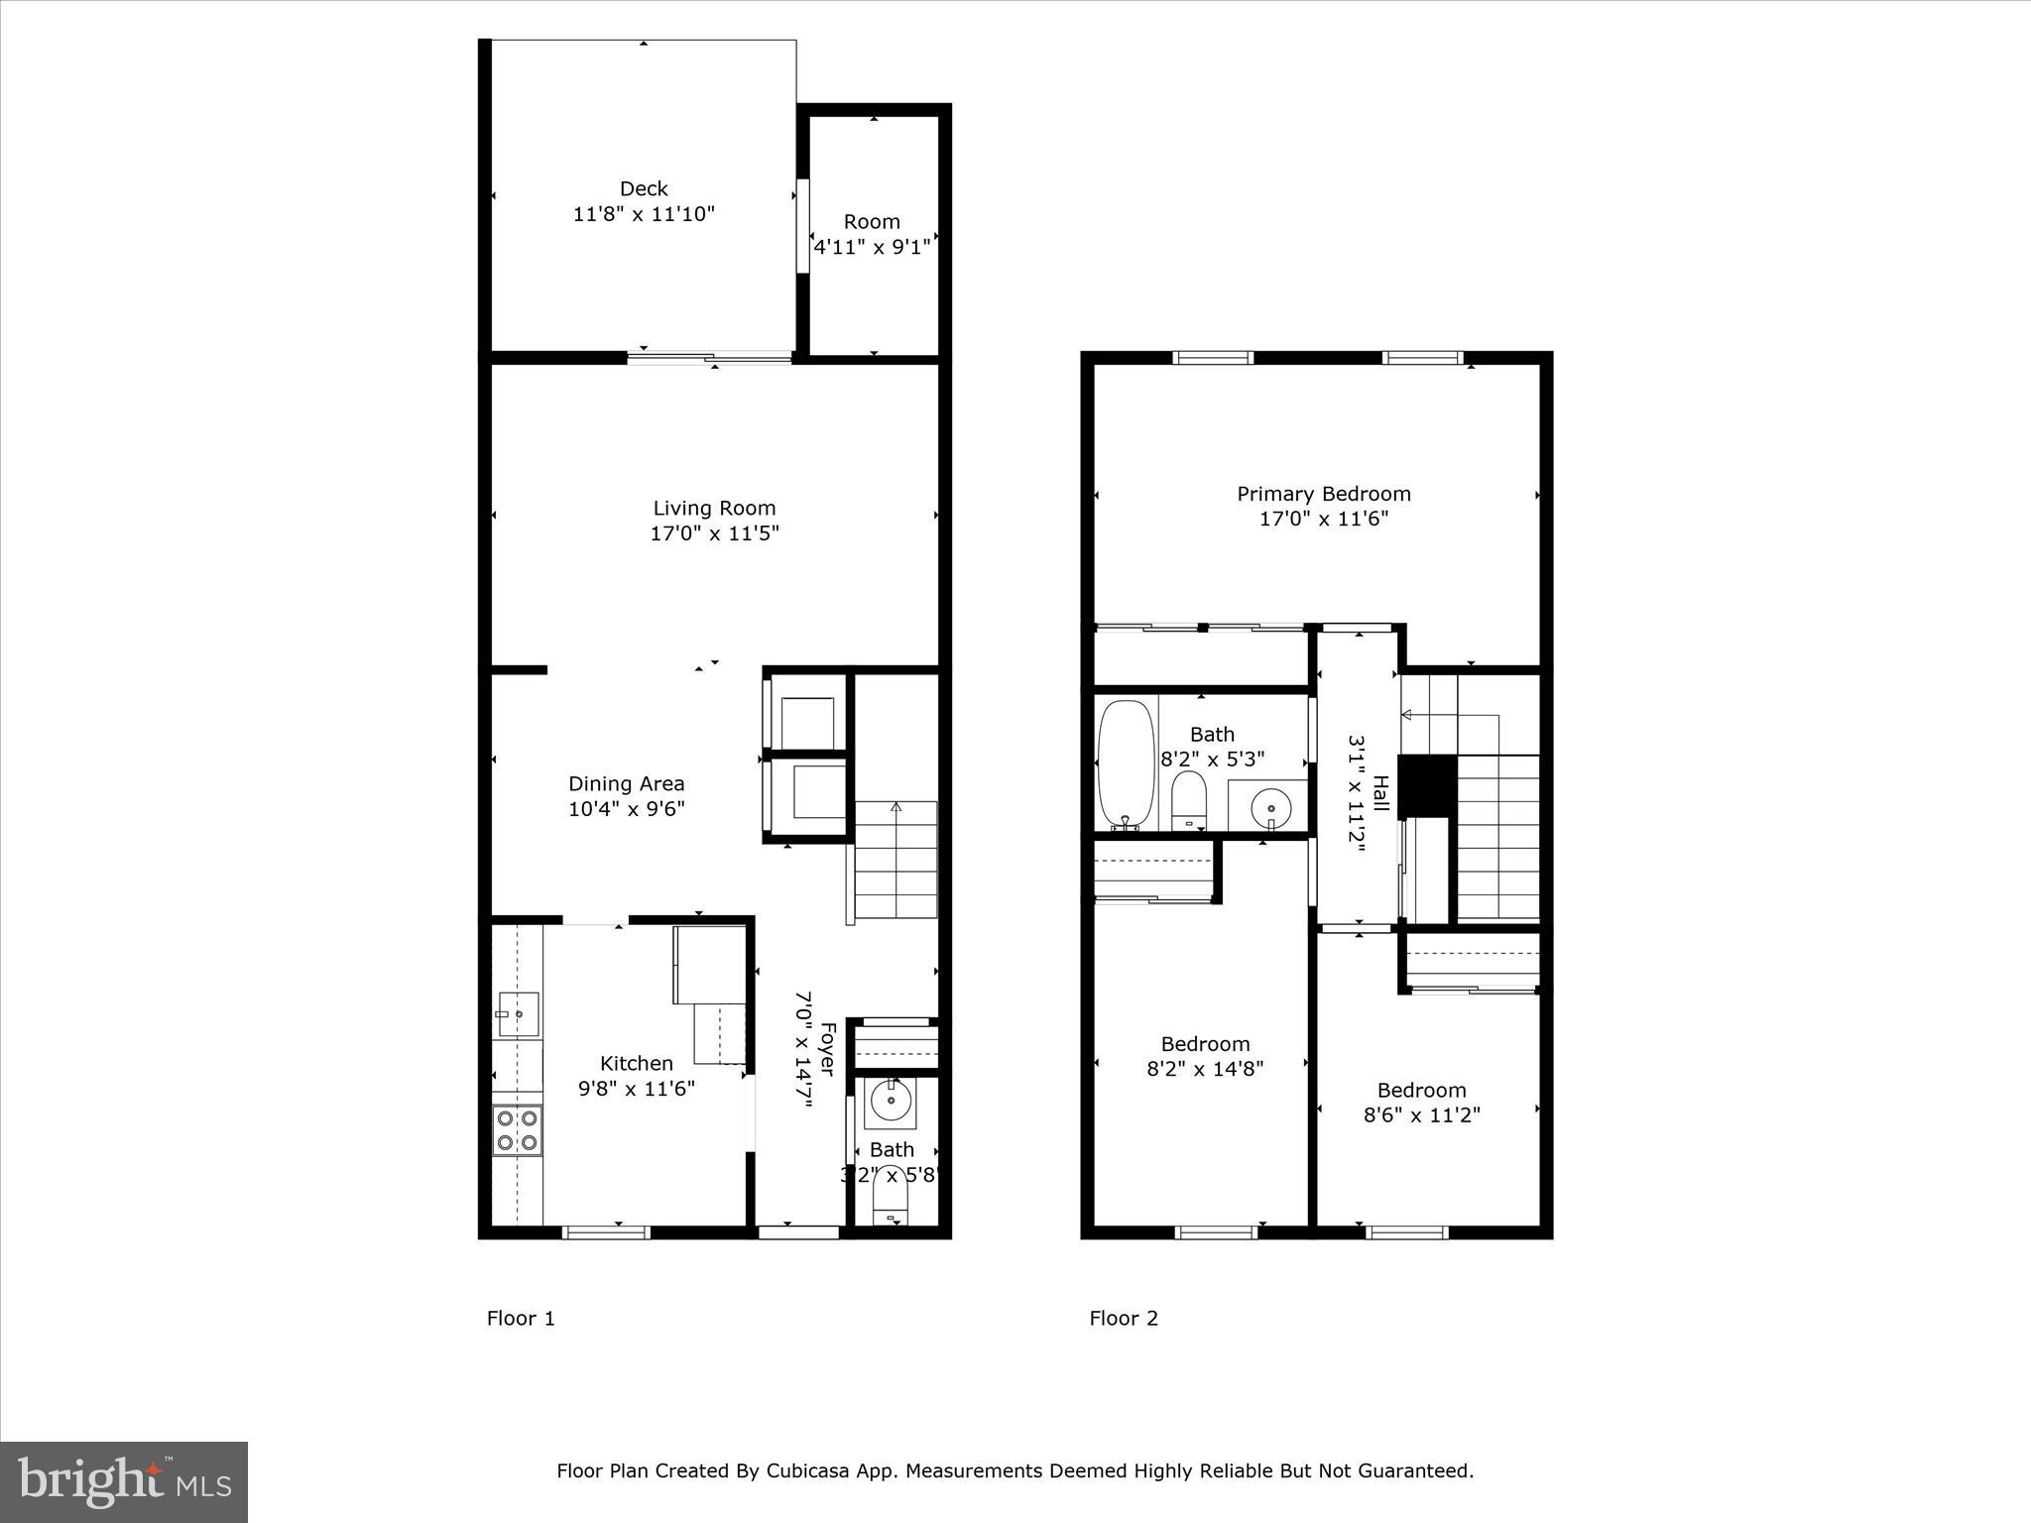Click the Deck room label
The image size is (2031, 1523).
pyautogui.click(x=644, y=188)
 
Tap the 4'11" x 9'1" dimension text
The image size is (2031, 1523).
pyautogui.click(x=872, y=247)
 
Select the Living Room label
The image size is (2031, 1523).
pyautogui.click(x=714, y=509)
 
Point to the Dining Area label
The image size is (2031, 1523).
pyautogui.click(x=626, y=784)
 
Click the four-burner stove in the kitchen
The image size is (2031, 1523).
pyautogui.click(x=518, y=1130)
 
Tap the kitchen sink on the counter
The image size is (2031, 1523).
pyautogui.click(x=518, y=1014)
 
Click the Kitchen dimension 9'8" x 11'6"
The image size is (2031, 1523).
pyautogui.click(x=637, y=1089)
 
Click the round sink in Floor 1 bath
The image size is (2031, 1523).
pyautogui.click(x=891, y=1100)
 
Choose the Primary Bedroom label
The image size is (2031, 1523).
pyautogui.click(x=1323, y=494)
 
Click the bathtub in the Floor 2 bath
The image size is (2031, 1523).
pyautogui.click(x=1127, y=764)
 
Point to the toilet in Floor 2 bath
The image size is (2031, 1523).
pyautogui.click(x=1187, y=801)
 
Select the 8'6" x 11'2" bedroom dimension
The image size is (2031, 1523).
pyautogui.click(x=1421, y=1115)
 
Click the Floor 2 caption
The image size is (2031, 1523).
pyautogui.click(x=1123, y=1318)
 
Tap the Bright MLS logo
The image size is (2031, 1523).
pyautogui.click(x=124, y=1481)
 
